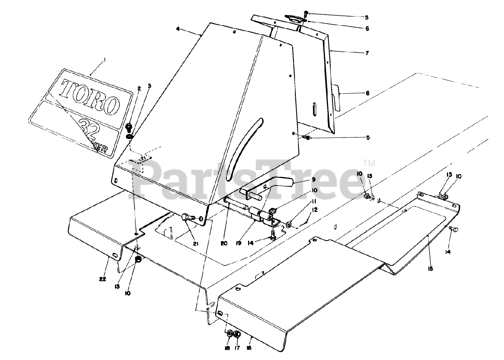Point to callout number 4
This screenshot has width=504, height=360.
[x=178, y=29]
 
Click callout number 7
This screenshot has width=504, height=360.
[x=367, y=52]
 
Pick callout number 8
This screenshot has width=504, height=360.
[x=367, y=94]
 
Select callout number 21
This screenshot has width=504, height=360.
[x=195, y=243]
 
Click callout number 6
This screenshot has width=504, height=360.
[x=367, y=28]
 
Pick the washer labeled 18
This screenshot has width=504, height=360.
[x=230, y=334]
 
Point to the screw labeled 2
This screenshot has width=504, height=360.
[x=129, y=127]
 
